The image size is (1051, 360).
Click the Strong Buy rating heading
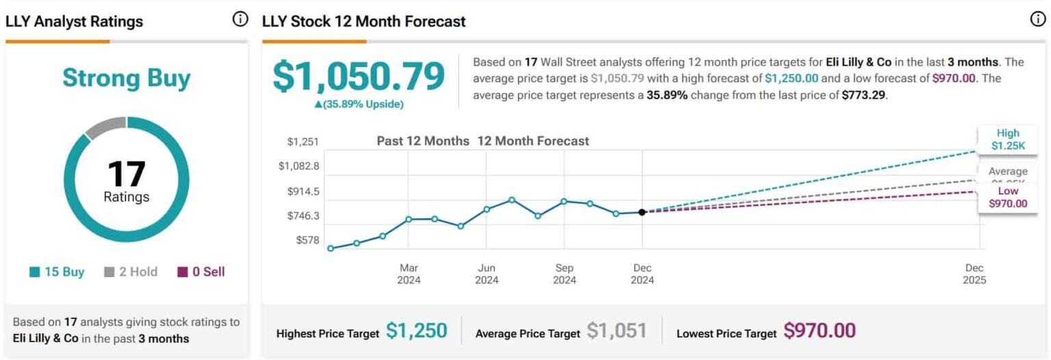click(x=126, y=78)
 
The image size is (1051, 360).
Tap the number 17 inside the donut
click(x=127, y=174)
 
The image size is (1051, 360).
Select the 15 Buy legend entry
click(x=57, y=272)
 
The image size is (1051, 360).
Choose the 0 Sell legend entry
click(x=201, y=272)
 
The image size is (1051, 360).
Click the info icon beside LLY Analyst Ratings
click(x=240, y=20)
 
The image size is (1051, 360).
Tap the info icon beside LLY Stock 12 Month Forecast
click(x=1037, y=20)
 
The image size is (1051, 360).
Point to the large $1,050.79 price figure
click(x=359, y=76)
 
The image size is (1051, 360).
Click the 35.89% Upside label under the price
click(x=359, y=104)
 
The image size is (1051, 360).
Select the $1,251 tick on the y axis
click(x=303, y=142)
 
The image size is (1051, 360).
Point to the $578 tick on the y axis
click(x=307, y=240)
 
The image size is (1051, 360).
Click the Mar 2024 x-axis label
click(x=409, y=274)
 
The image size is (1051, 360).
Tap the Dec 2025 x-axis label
click(x=975, y=274)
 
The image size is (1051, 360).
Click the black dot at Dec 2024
click(x=642, y=212)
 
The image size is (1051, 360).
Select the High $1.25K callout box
click(x=1008, y=139)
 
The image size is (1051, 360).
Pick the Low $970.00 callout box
click(x=1008, y=197)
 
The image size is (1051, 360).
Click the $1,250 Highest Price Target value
click(x=416, y=331)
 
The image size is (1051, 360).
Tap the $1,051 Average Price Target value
click(x=617, y=331)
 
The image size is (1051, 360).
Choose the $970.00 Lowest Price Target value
click(x=819, y=331)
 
